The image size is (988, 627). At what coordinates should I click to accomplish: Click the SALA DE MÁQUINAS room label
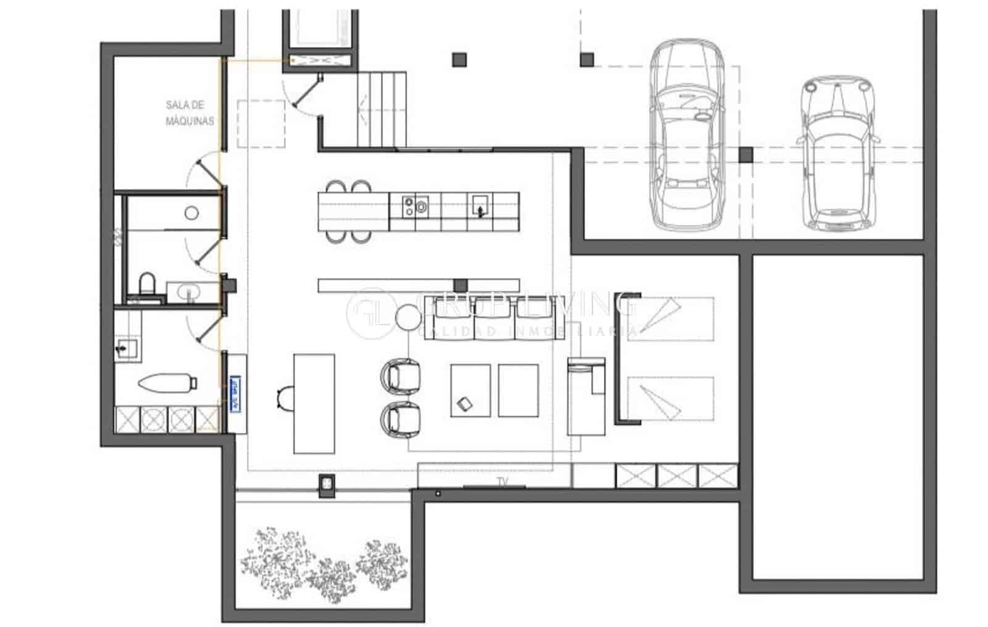pyautogui.click(x=190, y=113)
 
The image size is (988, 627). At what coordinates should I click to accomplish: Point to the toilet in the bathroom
pyautogui.click(x=147, y=285)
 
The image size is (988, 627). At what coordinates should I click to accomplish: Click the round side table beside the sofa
pyautogui.click(x=408, y=318)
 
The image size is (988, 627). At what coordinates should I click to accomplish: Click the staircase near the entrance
pyautogui.click(x=382, y=108)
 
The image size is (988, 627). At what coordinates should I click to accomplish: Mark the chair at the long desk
pyautogui.click(x=286, y=397)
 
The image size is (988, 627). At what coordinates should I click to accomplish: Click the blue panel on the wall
pyautogui.click(x=235, y=393)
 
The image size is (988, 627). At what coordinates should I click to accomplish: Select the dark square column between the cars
pyautogui.click(x=746, y=154)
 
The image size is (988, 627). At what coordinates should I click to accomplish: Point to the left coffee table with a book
pyautogui.click(x=471, y=390)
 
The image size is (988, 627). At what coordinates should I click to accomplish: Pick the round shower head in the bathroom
pyautogui.click(x=191, y=213)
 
